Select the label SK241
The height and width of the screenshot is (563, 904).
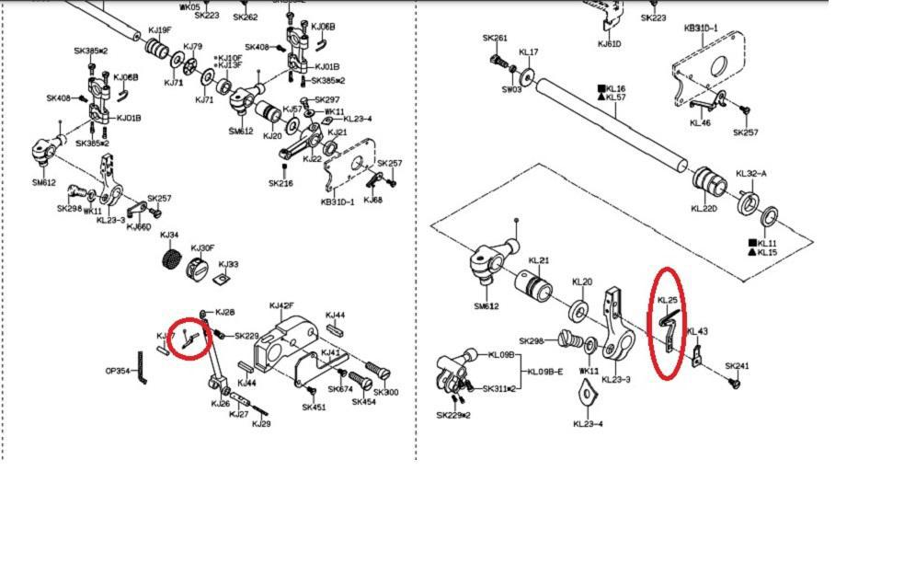[737, 366]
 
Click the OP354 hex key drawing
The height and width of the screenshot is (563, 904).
[142, 369]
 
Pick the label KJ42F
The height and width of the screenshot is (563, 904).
[280, 306]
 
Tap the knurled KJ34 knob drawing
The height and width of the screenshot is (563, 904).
[169, 259]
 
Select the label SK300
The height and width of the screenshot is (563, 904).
[385, 393]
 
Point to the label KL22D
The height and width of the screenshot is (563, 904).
[704, 209]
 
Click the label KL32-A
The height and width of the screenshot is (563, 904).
[750, 173]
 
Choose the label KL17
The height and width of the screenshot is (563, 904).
[529, 52]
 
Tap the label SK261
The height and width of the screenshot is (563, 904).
[495, 39]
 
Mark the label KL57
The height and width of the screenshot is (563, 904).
[616, 98]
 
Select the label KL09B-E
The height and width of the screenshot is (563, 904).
[544, 372]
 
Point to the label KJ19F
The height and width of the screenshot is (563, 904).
[159, 30]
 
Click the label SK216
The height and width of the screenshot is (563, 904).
[280, 183]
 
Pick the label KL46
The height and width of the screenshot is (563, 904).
[700, 122]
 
